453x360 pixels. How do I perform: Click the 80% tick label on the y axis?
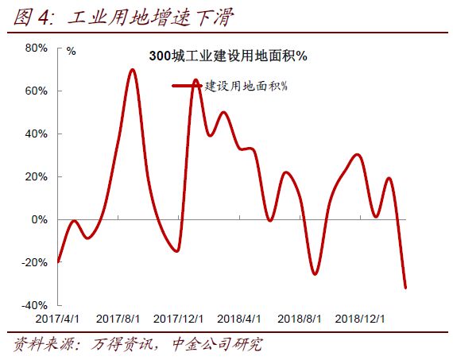point(37,48)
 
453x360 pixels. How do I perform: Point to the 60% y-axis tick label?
point(37,91)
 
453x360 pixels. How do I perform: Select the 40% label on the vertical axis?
point(37,134)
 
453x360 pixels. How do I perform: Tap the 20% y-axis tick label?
point(37,176)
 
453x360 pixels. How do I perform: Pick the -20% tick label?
point(35,262)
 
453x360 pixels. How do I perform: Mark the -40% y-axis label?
point(35,305)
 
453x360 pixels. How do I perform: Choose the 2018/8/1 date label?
point(300,318)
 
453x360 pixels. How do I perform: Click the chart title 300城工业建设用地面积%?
point(228,57)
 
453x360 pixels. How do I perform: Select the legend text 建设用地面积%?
point(246,85)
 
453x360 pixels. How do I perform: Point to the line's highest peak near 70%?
point(133,70)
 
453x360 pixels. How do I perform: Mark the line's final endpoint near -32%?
point(405,288)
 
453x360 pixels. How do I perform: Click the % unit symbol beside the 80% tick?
point(72,51)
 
